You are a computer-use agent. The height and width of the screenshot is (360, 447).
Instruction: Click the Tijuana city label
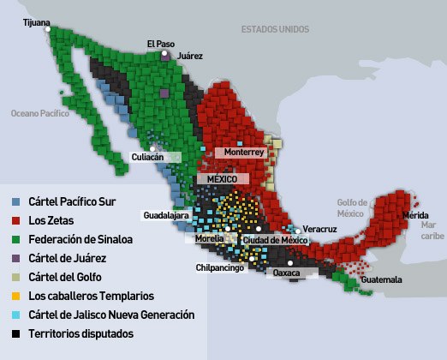(x=37, y=22)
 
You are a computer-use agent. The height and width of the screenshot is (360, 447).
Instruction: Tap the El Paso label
(x=160, y=43)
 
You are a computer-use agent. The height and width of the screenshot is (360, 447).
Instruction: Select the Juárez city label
(x=190, y=56)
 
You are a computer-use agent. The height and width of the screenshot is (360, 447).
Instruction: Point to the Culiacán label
(x=146, y=157)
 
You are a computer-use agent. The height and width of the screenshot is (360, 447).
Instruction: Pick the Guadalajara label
(x=165, y=215)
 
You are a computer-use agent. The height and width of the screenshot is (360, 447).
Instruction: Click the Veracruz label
(x=319, y=230)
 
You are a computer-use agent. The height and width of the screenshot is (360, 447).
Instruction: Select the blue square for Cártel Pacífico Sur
(x=17, y=202)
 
